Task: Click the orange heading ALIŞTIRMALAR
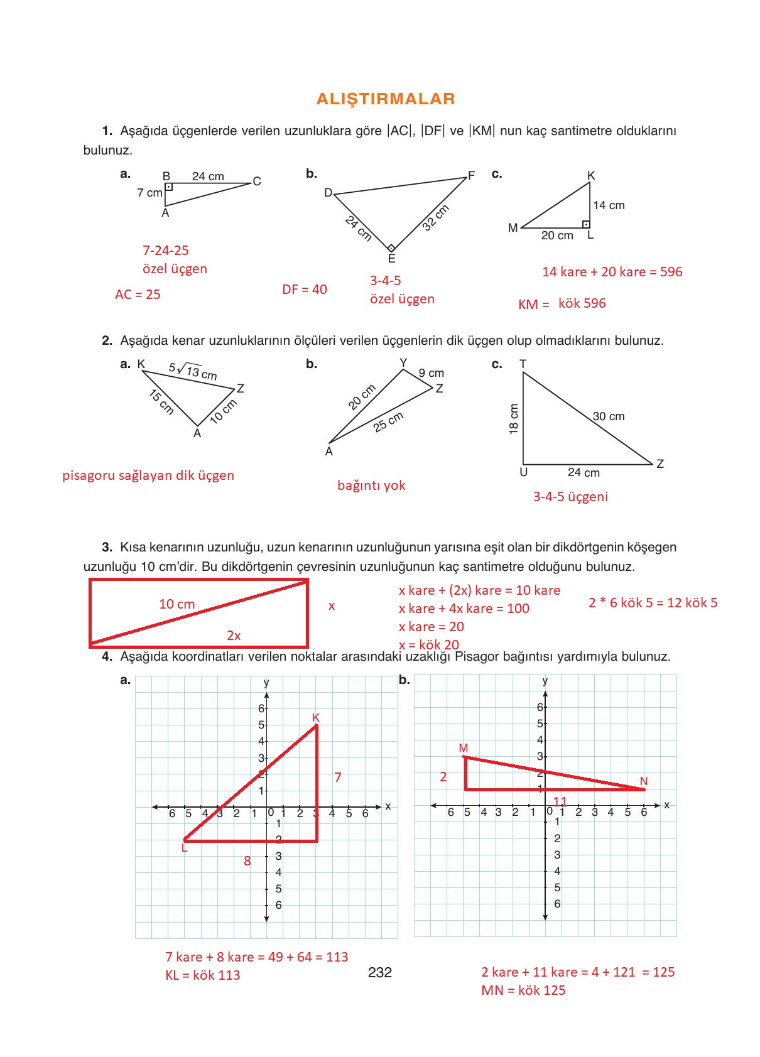tap(386, 99)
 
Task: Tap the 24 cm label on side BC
tap(208, 176)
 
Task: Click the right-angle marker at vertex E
tap(391, 248)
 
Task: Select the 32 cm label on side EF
tap(435, 217)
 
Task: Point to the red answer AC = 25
tap(138, 294)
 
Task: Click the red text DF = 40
tap(305, 290)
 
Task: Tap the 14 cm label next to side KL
tap(609, 205)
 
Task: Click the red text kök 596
tap(582, 303)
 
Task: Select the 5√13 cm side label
tap(193, 372)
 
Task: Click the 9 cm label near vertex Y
tap(432, 373)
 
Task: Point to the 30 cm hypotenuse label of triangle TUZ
tap(608, 416)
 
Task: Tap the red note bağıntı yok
tap(371, 485)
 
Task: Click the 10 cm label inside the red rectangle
tap(176, 604)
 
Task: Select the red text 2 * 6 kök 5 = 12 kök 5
tap(653, 603)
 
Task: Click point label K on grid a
tap(316, 717)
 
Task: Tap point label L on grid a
tap(184, 848)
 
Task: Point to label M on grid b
tap(464, 748)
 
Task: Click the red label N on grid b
tap(644, 781)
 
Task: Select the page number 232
tap(380, 973)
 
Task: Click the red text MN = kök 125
tap(523, 990)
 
